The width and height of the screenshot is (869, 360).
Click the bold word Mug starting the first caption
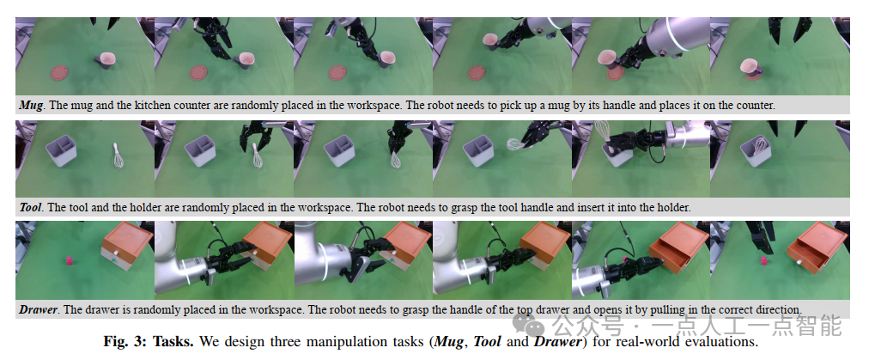[x=30, y=105]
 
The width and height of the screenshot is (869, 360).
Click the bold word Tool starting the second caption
[x=30, y=207]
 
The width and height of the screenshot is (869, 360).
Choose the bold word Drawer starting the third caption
[x=38, y=309]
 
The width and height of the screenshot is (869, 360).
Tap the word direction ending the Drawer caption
[x=781, y=309]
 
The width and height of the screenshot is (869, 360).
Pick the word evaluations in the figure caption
[x=726, y=340]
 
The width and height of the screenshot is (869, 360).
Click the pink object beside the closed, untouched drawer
[x=70, y=260]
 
